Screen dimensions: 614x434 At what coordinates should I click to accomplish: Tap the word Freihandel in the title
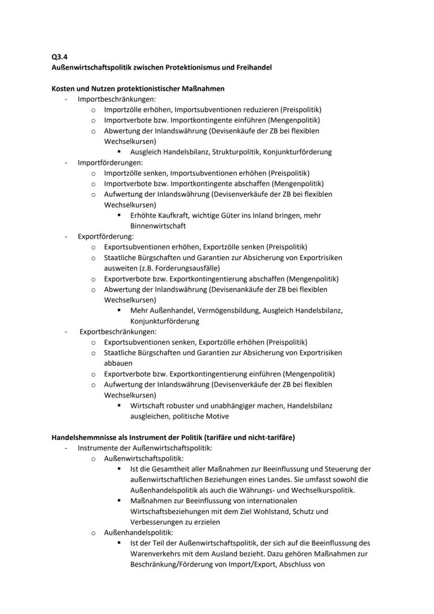pyautogui.click(x=253, y=67)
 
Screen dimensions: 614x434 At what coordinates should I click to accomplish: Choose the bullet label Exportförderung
pyautogui.click(x=105, y=236)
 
